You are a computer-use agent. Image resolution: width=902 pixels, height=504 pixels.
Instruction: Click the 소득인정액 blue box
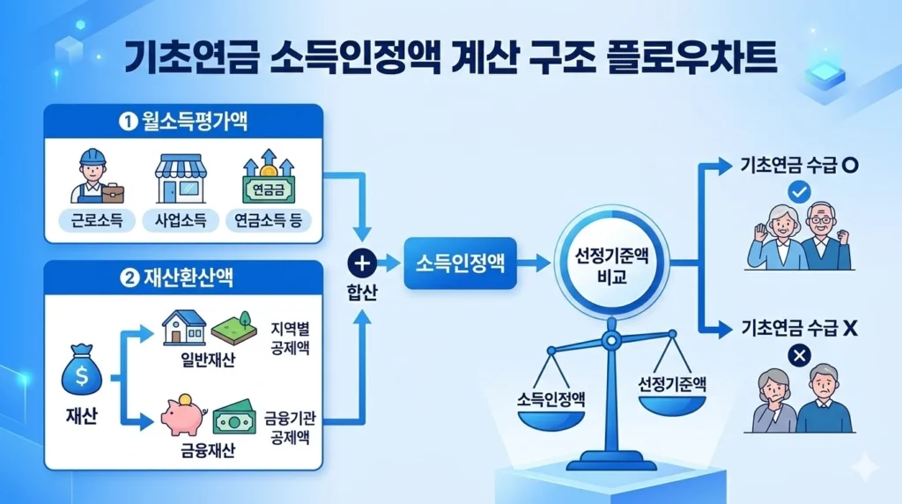click(x=460, y=262)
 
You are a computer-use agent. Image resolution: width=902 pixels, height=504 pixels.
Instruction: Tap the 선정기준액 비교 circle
click(x=611, y=262)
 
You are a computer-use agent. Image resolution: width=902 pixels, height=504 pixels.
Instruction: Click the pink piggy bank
click(x=182, y=416)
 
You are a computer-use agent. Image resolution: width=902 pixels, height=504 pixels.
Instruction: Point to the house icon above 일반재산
click(x=184, y=328)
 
